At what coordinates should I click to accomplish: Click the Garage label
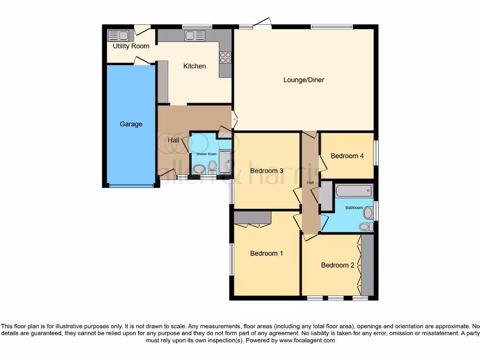[131, 124]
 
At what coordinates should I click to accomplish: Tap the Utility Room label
[131, 46]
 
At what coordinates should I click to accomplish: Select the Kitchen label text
[195, 66]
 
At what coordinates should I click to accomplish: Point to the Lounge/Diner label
[304, 80]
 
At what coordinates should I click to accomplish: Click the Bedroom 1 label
[267, 253]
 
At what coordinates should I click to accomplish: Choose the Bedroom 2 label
[337, 265]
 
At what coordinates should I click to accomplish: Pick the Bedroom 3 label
[267, 171]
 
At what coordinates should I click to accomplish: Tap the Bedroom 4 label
[347, 156]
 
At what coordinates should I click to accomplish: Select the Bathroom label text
[354, 207]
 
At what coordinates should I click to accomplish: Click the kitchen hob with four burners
[225, 57]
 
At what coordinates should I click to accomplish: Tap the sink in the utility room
[118, 36]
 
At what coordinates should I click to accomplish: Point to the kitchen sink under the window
[195, 36]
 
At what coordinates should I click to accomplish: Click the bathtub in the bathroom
[354, 191]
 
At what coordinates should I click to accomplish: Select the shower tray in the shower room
[225, 162]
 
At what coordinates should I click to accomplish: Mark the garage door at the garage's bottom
[131, 186]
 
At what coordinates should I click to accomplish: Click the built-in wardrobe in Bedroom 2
[367, 265]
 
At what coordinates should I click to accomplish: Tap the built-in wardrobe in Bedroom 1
[253, 218]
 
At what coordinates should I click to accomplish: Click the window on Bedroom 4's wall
[375, 153]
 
